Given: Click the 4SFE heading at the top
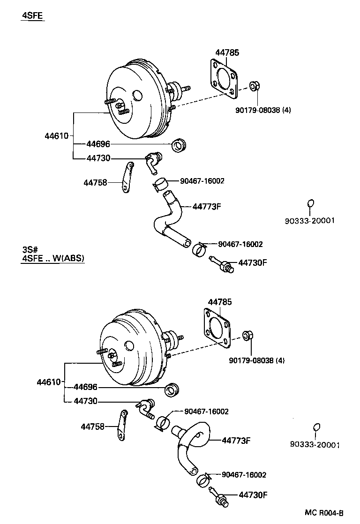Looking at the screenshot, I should point(32,15).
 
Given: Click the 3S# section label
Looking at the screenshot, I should point(30,249).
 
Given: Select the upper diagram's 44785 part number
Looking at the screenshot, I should point(227,53).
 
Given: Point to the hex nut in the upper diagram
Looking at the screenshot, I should point(254,87).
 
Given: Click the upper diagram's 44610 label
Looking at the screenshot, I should point(56,136).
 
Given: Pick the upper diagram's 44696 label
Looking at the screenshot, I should point(98,144).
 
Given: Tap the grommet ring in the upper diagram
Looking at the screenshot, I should point(179,146).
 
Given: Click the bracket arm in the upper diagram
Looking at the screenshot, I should point(127,177).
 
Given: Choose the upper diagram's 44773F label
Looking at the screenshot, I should point(206,206).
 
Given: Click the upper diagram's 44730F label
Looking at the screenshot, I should point(252,262).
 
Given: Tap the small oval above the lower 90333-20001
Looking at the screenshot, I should point(316,427).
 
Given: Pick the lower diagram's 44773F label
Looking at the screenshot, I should point(236,440).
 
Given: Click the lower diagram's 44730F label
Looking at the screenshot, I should point(253,494).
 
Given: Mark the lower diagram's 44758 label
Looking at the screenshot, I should point(92,427).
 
